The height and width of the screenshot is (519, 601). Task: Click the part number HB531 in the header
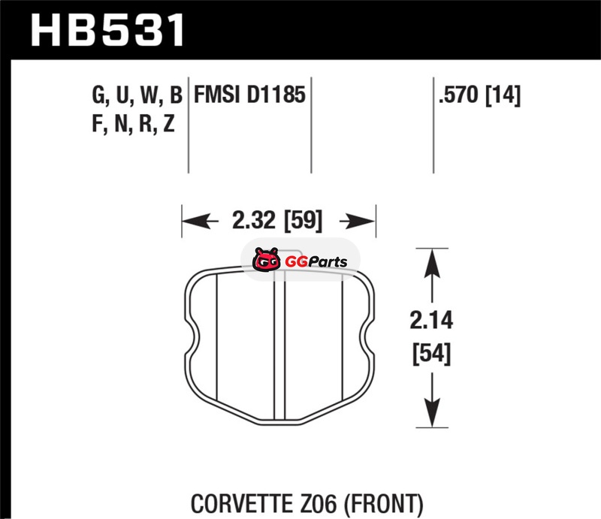click(107, 30)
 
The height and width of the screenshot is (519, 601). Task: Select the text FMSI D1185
click(249, 95)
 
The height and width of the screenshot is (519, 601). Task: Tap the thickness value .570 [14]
click(479, 95)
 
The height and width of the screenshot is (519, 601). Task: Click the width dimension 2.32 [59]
click(277, 220)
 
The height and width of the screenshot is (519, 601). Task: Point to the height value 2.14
click(431, 320)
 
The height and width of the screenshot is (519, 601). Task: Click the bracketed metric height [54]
click(431, 354)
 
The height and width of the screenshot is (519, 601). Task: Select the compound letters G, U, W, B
click(137, 95)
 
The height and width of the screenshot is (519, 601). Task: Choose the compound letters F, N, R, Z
click(134, 123)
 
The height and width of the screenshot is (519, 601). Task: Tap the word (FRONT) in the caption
click(383, 503)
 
